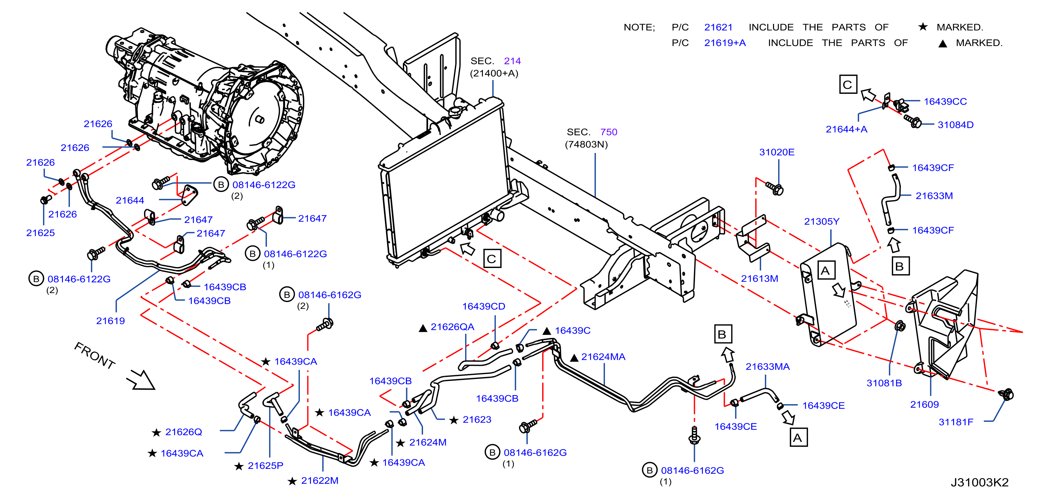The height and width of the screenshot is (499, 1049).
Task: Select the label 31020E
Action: [776, 152]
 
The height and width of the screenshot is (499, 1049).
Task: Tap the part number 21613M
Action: [759, 278]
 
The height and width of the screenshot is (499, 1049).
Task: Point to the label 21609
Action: [924, 404]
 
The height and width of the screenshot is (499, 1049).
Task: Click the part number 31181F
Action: [956, 422]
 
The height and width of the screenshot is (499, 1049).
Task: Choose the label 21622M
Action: [320, 481]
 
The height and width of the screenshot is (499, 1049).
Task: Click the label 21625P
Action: [266, 466]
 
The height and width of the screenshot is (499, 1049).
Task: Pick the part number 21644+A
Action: [846, 129]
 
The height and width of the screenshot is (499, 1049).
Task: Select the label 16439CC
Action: [945, 102]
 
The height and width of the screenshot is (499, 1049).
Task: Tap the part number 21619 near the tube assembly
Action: [110, 321]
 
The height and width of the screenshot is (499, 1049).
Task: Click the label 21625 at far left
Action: [40, 233]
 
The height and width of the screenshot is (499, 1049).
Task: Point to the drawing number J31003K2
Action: [980, 482]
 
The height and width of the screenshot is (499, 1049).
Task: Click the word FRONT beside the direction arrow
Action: [95, 356]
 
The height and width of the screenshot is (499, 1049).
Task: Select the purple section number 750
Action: [609, 132]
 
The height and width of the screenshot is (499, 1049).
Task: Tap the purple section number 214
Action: [512, 61]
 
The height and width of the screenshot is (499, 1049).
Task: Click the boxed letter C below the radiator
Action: [492, 259]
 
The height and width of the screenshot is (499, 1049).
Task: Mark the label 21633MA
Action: [768, 367]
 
